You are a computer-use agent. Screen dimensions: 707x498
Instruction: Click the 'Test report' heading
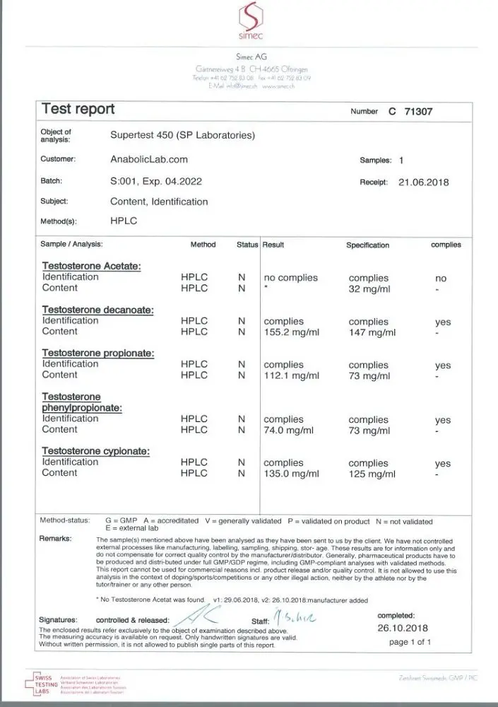(78, 109)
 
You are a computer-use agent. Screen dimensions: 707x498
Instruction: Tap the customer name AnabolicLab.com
(149, 160)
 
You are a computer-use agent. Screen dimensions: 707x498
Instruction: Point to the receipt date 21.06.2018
(423, 182)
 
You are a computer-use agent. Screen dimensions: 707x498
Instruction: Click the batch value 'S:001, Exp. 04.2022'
(156, 181)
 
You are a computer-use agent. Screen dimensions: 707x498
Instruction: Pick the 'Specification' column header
(367, 245)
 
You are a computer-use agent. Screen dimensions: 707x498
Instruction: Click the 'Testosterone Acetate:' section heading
(92, 267)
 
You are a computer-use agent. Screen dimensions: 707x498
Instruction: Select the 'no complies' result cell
(290, 278)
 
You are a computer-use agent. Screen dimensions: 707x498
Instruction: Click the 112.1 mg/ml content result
(291, 375)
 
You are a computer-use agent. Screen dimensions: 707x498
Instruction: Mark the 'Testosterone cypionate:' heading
(98, 451)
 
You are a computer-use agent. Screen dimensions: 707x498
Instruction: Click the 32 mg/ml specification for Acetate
(369, 288)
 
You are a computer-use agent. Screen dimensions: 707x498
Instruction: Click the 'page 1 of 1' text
(410, 642)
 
